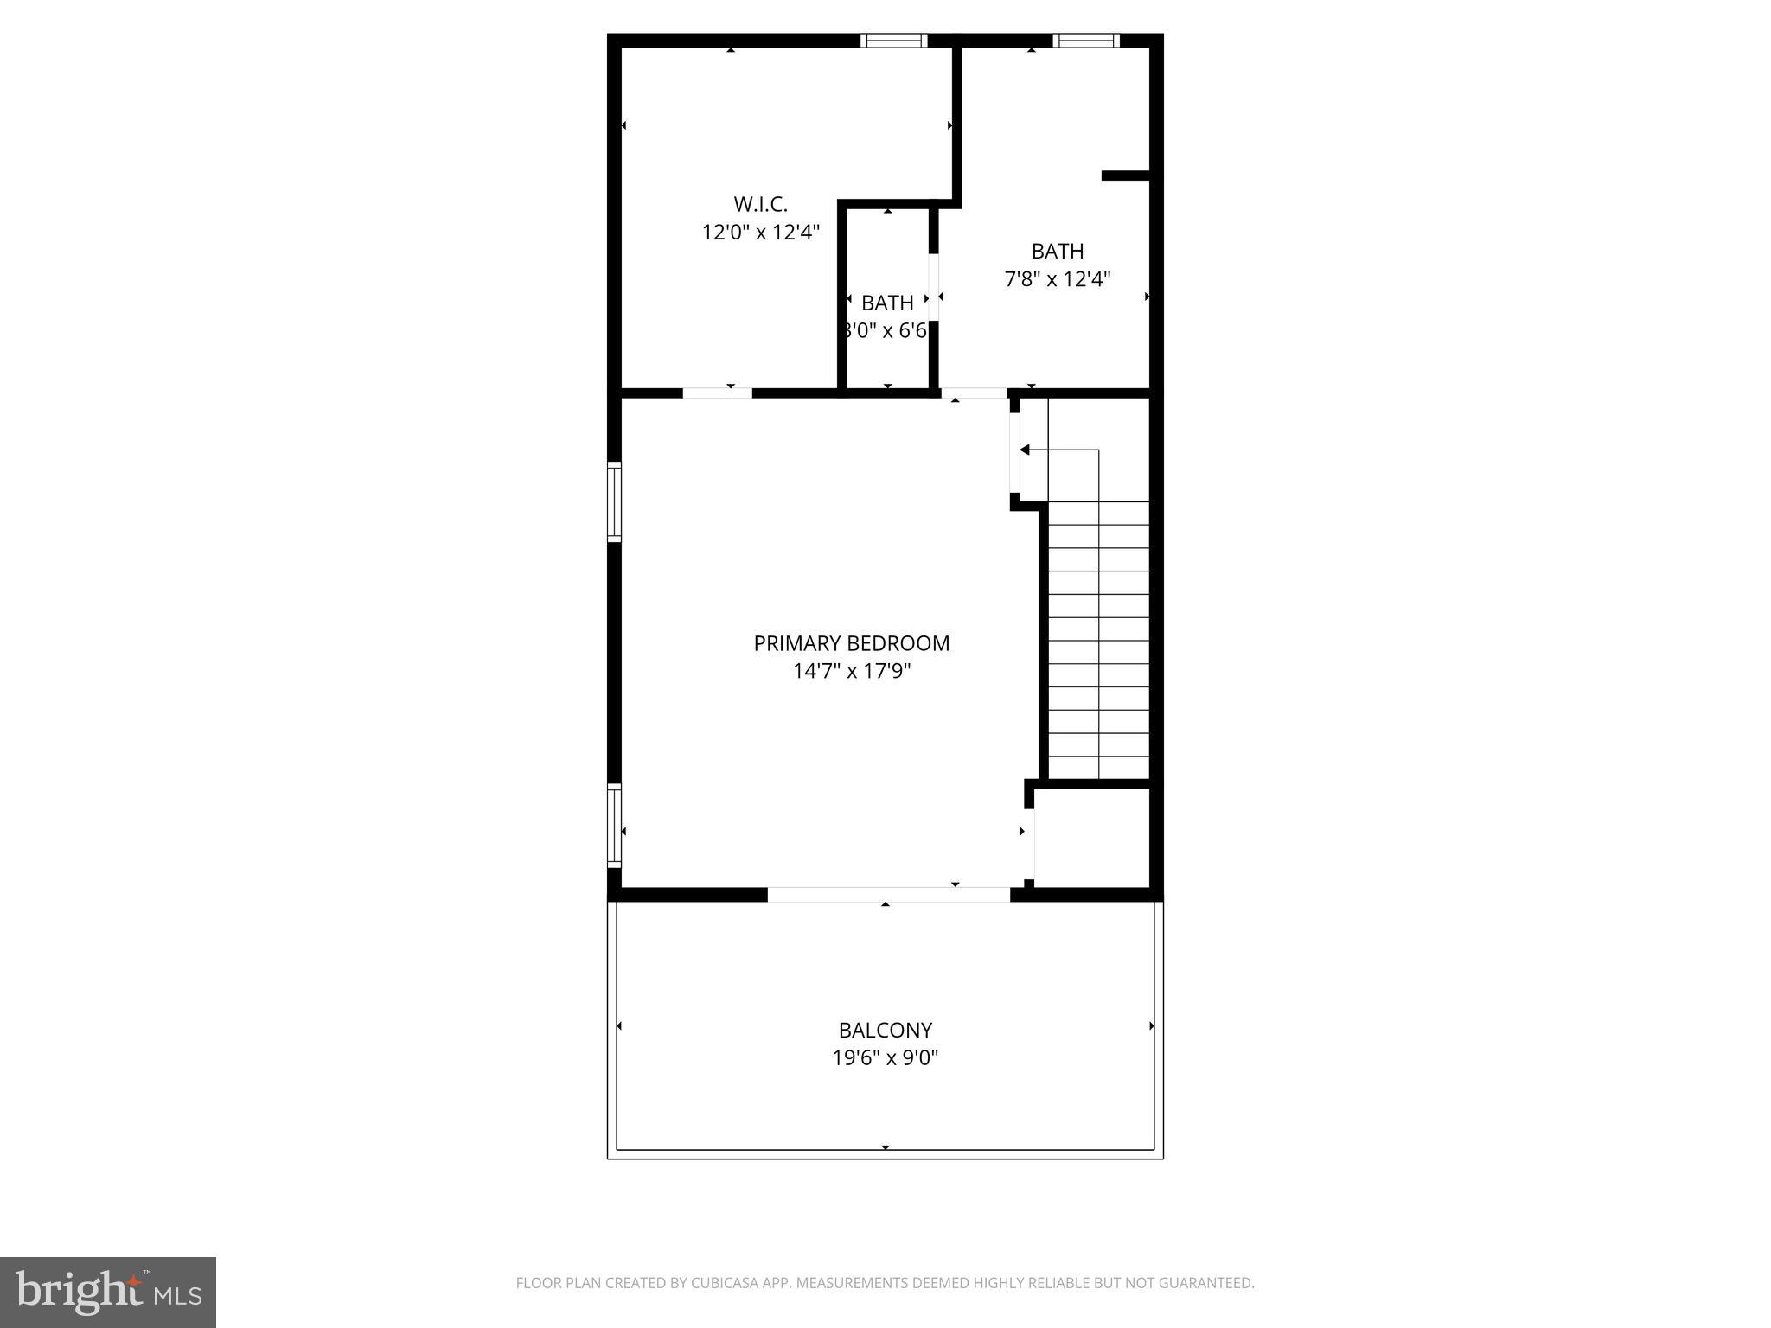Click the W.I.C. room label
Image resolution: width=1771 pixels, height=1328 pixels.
(x=760, y=205)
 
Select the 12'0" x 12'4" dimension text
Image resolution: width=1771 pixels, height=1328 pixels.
(x=760, y=233)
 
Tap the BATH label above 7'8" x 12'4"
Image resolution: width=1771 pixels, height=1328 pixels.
(x=1057, y=252)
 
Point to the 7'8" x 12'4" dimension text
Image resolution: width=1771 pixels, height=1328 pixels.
(x=1057, y=279)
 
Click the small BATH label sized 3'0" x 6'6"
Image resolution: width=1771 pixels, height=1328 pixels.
(x=887, y=303)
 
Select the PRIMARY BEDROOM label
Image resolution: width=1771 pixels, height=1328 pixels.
(x=851, y=643)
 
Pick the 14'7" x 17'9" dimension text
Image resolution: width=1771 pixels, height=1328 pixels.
(x=851, y=672)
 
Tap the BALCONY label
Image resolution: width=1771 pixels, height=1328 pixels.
(x=885, y=1031)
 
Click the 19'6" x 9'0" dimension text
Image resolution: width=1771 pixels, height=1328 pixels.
(x=885, y=1058)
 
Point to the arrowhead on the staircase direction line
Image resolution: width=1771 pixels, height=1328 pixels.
(x=1025, y=450)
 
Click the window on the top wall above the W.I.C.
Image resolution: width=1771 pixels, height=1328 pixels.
(x=893, y=41)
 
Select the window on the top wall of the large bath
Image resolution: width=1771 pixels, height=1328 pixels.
(x=1085, y=41)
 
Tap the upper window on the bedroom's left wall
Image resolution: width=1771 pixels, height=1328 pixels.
(x=614, y=501)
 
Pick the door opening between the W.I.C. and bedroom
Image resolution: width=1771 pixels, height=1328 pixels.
(x=717, y=393)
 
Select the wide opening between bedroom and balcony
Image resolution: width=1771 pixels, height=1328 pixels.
(x=888, y=895)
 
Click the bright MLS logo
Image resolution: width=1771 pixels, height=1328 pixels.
(x=107, y=1292)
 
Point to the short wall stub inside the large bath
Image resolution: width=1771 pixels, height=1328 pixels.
(x=1124, y=176)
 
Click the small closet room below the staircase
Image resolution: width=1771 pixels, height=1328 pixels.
(x=1091, y=837)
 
